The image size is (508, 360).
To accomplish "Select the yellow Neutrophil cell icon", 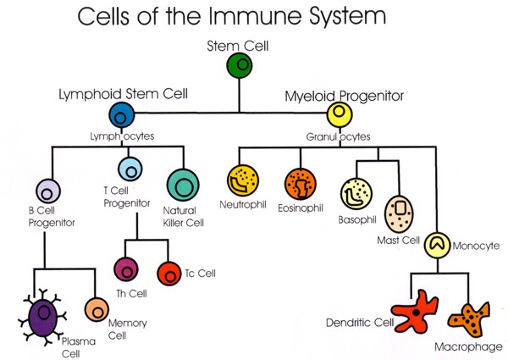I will click(x=241, y=181).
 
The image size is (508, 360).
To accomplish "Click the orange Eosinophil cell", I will click(x=298, y=182).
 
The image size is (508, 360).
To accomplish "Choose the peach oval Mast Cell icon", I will click(x=399, y=214).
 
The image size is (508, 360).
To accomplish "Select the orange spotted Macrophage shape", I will click(x=468, y=319).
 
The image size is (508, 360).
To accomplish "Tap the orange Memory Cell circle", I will click(x=97, y=308).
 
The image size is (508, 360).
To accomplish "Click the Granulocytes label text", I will click(x=340, y=136).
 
